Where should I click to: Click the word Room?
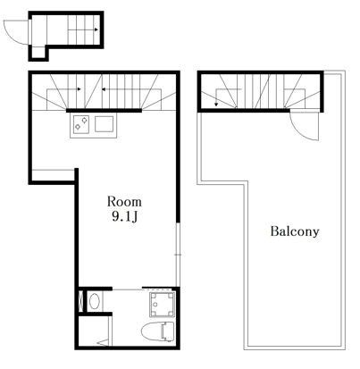(x=124, y=202)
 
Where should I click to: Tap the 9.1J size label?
(x=125, y=217)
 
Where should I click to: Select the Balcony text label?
(x=295, y=231)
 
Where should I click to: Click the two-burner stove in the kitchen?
(x=81, y=123)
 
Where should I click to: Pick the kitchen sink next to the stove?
(x=104, y=123)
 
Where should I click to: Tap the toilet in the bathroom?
(x=157, y=331)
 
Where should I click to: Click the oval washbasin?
(x=95, y=301)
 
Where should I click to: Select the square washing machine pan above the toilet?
(x=162, y=305)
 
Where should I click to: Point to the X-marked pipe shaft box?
(x=81, y=301)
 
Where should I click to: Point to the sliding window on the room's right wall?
(x=178, y=255)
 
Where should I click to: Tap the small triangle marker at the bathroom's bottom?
(x=103, y=342)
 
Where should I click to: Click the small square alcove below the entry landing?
(x=38, y=53)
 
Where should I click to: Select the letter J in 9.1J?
(x=134, y=217)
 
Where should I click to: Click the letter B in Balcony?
(x=274, y=231)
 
